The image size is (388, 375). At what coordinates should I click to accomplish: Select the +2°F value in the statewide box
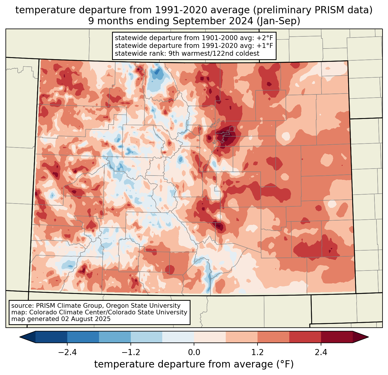point(265,38)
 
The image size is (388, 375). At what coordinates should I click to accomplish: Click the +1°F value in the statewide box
point(265,46)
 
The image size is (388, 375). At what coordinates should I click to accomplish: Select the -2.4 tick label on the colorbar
point(67,352)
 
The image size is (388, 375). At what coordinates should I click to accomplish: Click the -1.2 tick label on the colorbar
point(130,352)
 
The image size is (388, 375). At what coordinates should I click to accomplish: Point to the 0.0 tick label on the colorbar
point(194,352)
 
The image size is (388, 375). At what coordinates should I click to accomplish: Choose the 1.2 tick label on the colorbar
point(258,352)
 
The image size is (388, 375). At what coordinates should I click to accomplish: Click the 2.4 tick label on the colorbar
point(321,352)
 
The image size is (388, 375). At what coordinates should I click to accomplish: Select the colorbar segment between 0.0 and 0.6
point(210,337)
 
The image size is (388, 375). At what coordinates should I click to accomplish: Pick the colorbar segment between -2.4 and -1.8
point(83,337)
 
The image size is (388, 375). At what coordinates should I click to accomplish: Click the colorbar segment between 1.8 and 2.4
point(305,337)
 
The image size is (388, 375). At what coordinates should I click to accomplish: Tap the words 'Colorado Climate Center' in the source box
point(61,312)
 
